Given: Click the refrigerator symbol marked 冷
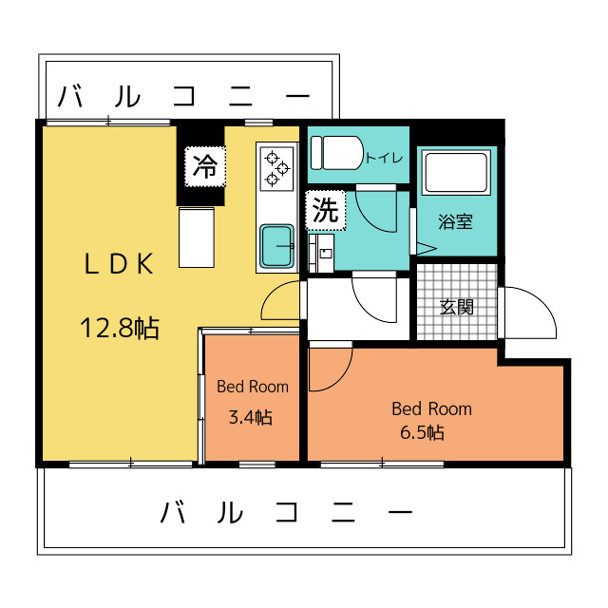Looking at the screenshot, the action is [205, 167].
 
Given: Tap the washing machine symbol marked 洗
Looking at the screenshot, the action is [325, 210].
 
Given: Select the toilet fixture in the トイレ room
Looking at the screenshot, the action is [336, 153].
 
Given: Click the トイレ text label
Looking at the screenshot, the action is [384, 158].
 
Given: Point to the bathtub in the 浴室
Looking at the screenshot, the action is [456, 173].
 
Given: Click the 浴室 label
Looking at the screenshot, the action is [456, 221].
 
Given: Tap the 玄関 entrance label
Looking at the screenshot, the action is [457, 307].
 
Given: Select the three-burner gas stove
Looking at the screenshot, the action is [276, 169].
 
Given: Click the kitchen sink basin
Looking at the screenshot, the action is [276, 246].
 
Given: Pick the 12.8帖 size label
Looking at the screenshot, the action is [120, 329].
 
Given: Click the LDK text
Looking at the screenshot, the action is [119, 264].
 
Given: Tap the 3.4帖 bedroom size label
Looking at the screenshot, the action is [251, 418].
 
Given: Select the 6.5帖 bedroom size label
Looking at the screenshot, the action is [422, 432].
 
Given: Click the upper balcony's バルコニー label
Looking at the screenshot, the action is [183, 96].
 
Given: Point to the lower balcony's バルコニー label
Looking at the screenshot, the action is [287, 511].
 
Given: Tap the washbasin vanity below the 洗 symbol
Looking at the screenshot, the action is [321, 254].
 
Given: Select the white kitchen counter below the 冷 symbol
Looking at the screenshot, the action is [197, 237].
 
